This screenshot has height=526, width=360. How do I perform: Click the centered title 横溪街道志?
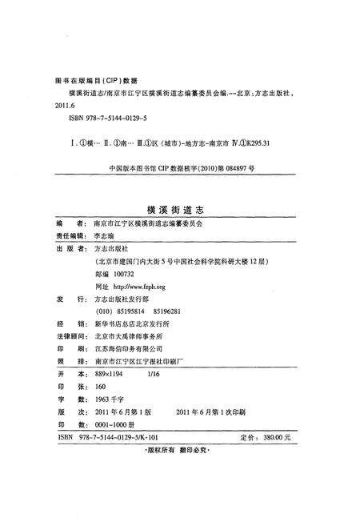coord(179,208)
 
